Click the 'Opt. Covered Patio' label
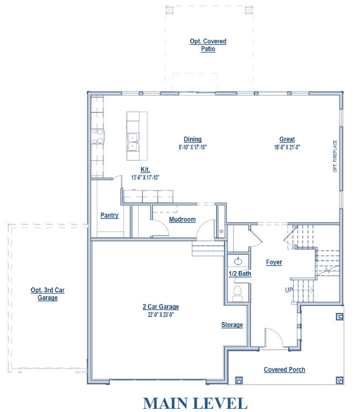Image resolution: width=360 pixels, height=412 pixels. click(208, 45)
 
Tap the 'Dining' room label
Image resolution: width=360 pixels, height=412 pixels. click(193, 139)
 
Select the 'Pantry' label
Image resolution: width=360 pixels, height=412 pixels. click(109, 215)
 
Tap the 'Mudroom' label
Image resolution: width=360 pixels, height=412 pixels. click(182, 219)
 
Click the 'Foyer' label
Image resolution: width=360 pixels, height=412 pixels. click(274, 262)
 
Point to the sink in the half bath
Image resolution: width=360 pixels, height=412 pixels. click(238, 262)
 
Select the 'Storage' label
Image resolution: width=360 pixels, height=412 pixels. click(232, 325)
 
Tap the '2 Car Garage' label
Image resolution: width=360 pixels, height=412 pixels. click(160, 307)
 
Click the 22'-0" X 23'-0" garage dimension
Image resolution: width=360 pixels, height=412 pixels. click(160, 314)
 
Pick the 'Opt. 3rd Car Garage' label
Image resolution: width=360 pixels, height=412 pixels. click(47, 293)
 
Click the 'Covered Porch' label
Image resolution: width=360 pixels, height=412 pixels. click(284, 370)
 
